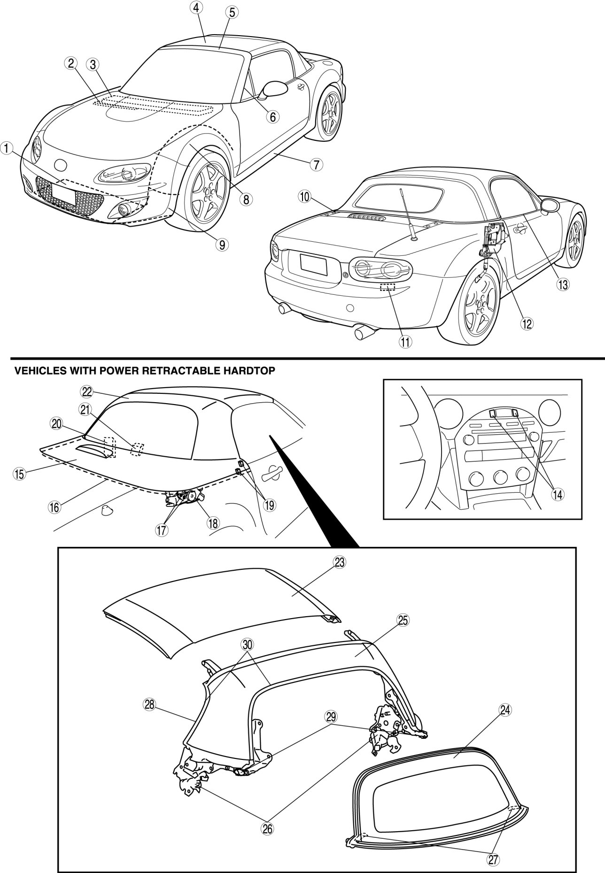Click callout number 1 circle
click(x=6, y=149)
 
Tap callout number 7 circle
click(x=316, y=164)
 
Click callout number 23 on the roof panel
click(x=340, y=561)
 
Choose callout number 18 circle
click(x=213, y=522)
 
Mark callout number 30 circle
click(x=248, y=644)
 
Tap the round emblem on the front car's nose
click(x=61, y=165)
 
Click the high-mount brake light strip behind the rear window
click(x=366, y=217)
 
